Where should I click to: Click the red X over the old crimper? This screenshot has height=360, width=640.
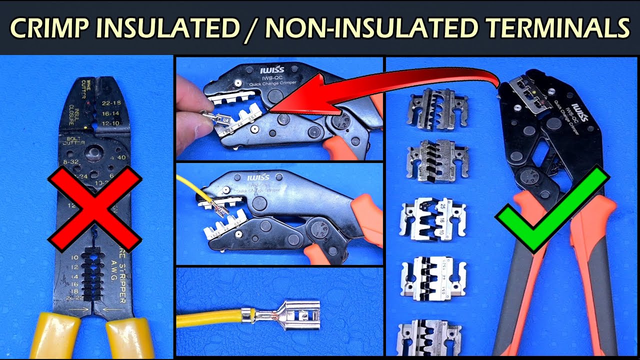95,208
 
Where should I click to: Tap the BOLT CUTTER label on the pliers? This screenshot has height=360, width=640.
73,141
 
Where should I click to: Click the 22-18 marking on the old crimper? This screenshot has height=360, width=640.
112,103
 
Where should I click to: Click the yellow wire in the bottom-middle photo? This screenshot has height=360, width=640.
210,318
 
